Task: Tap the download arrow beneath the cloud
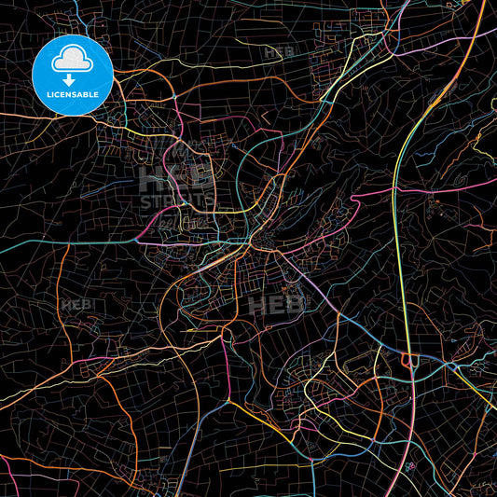coord(69,82)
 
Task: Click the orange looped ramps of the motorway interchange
coord(408,360)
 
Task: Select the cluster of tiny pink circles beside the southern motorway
coord(409,465)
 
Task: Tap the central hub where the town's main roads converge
coord(253,243)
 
